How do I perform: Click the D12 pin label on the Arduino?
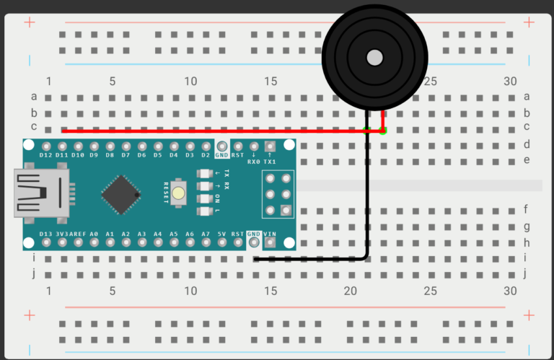(x=46, y=155)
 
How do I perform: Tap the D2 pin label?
(x=206, y=155)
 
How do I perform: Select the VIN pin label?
(x=271, y=234)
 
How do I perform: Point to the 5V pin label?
(x=221, y=234)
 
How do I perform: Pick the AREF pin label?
(x=79, y=234)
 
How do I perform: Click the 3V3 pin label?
(x=63, y=234)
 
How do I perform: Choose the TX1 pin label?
(x=271, y=162)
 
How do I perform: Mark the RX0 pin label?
(x=254, y=162)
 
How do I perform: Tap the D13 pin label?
(x=46, y=234)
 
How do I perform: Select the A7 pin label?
(x=206, y=234)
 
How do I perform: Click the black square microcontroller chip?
(x=120, y=193)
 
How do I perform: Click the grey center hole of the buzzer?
(x=374, y=57)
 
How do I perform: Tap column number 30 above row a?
(x=510, y=82)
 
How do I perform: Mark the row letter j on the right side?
(x=527, y=273)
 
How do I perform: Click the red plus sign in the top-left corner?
(x=30, y=22)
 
